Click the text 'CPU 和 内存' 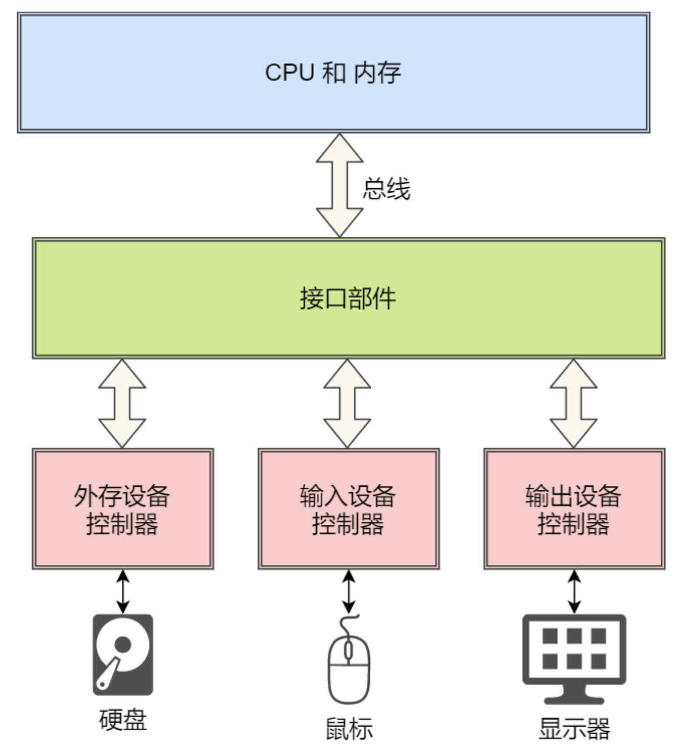[x=333, y=73]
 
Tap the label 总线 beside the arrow [x=386, y=189]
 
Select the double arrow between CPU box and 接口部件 [x=339, y=185]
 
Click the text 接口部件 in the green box [x=348, y=298]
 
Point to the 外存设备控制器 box [x=122, y=509]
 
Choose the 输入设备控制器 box [x=348, y=509]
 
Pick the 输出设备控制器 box [x=574, y=509]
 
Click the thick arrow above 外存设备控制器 [x=122, y=404]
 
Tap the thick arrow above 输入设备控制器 [x=347, y=404]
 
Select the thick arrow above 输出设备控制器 [x=573, y=404]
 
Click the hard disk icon [x=123, y=655]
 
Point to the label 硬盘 [x=123, y=720]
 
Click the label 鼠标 [x=349, y=729]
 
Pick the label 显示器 [x=574, y=729]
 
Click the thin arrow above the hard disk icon [x=123, y=592]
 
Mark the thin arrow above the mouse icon [x=349, y=592]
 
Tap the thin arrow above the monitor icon [x=574, y=592]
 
